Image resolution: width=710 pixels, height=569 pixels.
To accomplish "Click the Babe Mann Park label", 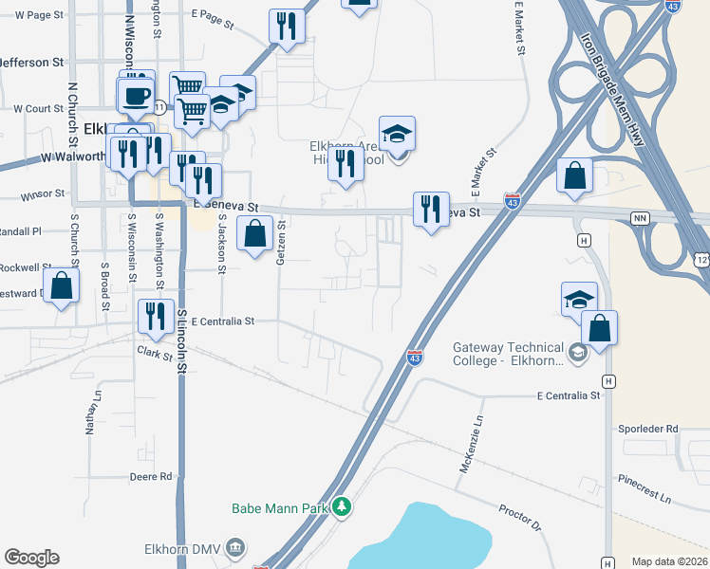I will [281, 508].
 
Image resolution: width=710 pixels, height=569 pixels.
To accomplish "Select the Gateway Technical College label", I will [509, 354].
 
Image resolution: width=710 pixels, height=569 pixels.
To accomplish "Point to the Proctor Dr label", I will [519, 518].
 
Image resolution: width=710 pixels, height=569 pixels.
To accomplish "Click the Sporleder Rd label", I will [645, 430].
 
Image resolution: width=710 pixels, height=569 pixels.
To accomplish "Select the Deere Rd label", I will [152, 476].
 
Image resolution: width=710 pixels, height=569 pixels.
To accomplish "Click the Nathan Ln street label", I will [93, 417].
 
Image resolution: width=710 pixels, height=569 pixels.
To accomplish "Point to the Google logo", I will [31, 558].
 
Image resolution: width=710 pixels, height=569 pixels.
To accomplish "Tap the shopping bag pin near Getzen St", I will [255, 234].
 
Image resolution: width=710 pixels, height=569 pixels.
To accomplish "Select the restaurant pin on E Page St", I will [286, 26].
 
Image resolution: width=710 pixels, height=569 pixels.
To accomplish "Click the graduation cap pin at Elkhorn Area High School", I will [398, 135].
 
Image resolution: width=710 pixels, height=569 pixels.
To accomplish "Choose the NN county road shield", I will [641, 219].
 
